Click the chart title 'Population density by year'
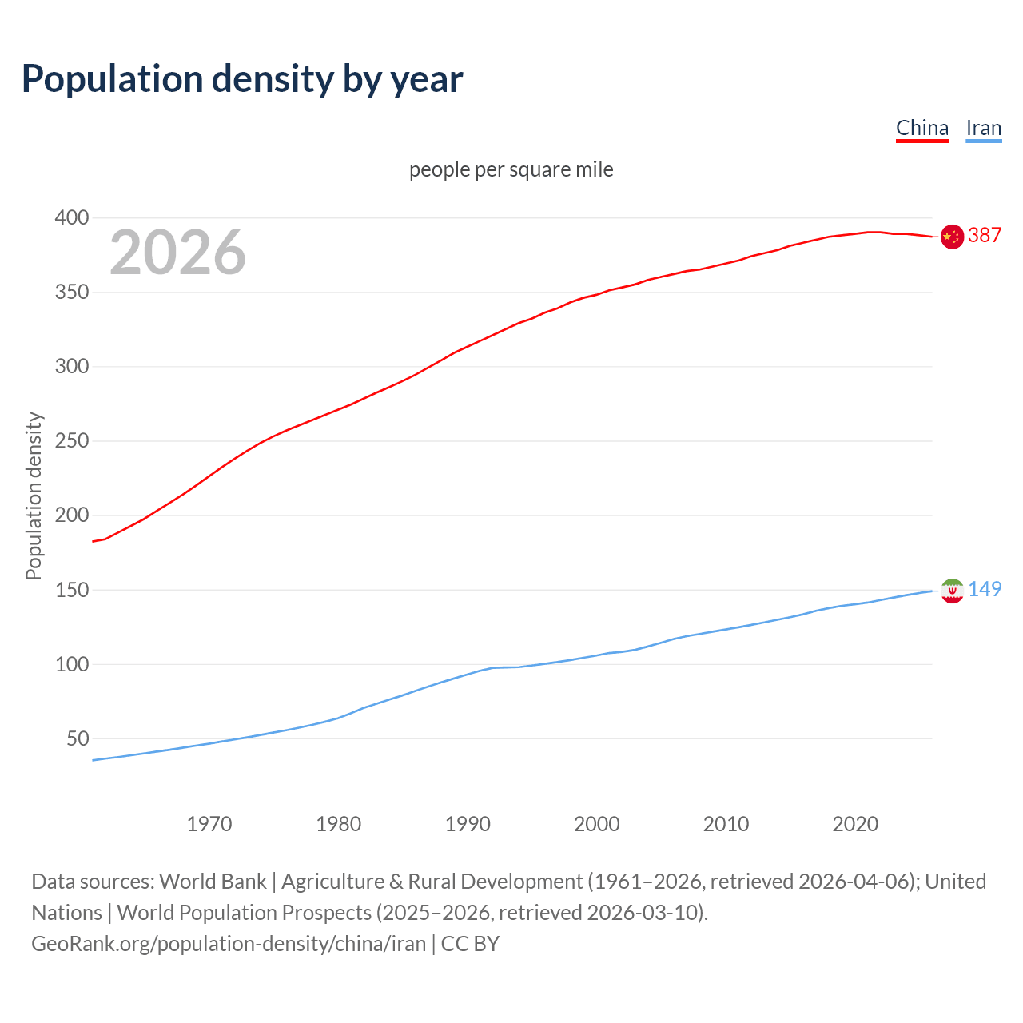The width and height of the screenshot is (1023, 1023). (x=242, y=78)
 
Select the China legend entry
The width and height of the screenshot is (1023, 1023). (x=921, y=128)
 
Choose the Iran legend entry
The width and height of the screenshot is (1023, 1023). (x=983, y=128)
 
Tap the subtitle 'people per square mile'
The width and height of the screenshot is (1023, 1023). (x=511, y=169)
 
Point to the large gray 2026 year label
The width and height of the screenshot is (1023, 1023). (x=177, y=253)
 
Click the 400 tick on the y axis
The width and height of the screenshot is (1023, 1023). (x=71, y=217)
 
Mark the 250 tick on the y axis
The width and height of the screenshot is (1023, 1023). (x=71, y=440)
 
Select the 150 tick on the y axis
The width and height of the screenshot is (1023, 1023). (x=71, y=590)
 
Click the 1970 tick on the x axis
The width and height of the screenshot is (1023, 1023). (x=209, y=823)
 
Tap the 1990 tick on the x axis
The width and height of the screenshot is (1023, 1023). (x=468, y=823)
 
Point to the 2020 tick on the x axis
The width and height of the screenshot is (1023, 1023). (x=855, y=823)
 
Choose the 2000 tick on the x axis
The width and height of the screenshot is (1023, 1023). (x=597, y=823)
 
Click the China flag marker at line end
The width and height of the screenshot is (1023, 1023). (x=951, y=237)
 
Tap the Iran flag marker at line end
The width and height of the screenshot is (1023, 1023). (x=951, y=591)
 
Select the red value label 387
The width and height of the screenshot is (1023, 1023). (x=985, y=235)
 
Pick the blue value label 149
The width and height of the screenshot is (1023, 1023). (x=985, y=589)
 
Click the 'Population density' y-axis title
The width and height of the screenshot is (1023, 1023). (x=34, y=496)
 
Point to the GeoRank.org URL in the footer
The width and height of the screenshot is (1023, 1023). (x=229, y=943)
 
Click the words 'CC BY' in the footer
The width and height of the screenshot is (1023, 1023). (x=470, y=943)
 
